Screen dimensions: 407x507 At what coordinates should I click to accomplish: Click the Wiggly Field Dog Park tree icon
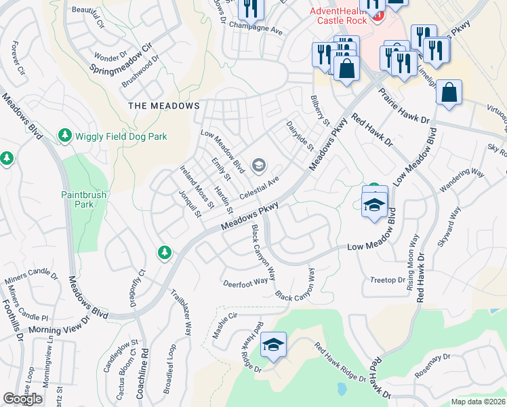65,136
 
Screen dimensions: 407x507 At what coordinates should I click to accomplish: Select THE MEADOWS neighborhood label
165,106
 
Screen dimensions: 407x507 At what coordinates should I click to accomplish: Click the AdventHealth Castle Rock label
337,16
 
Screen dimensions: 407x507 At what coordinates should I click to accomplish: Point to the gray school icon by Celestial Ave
258,165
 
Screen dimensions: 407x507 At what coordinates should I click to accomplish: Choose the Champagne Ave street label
258,31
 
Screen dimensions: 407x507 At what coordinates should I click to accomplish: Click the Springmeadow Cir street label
119,60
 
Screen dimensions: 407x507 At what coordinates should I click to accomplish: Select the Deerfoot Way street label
245,282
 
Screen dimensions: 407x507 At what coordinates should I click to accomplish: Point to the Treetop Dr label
388,279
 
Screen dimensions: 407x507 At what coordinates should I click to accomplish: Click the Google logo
23,399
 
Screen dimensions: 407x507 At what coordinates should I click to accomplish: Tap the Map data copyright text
479,402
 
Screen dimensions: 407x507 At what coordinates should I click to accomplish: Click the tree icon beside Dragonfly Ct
164,253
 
